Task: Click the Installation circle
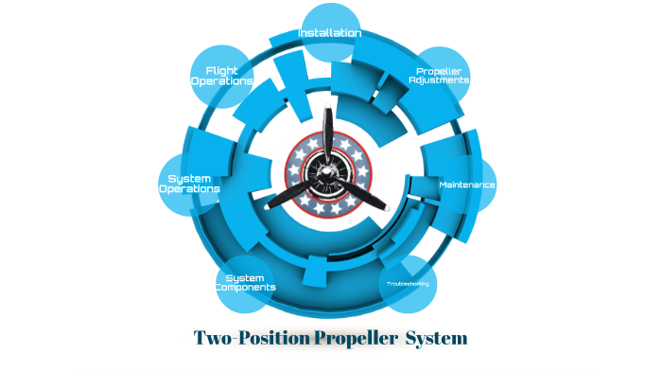(329, 34)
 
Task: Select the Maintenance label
(467, 185)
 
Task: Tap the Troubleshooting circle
(408, 283)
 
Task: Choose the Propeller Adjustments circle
(440, 76)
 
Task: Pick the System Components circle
(245, 282)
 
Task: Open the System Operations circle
(189, 184)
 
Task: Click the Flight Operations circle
(222, 76)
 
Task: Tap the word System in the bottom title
(436, 338)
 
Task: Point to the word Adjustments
(439, 81)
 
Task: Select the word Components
(245, 288)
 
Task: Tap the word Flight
(222, 70)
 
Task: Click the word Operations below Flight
(222, 81)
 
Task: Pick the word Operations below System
(189, 189)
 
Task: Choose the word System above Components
(245, 277)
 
